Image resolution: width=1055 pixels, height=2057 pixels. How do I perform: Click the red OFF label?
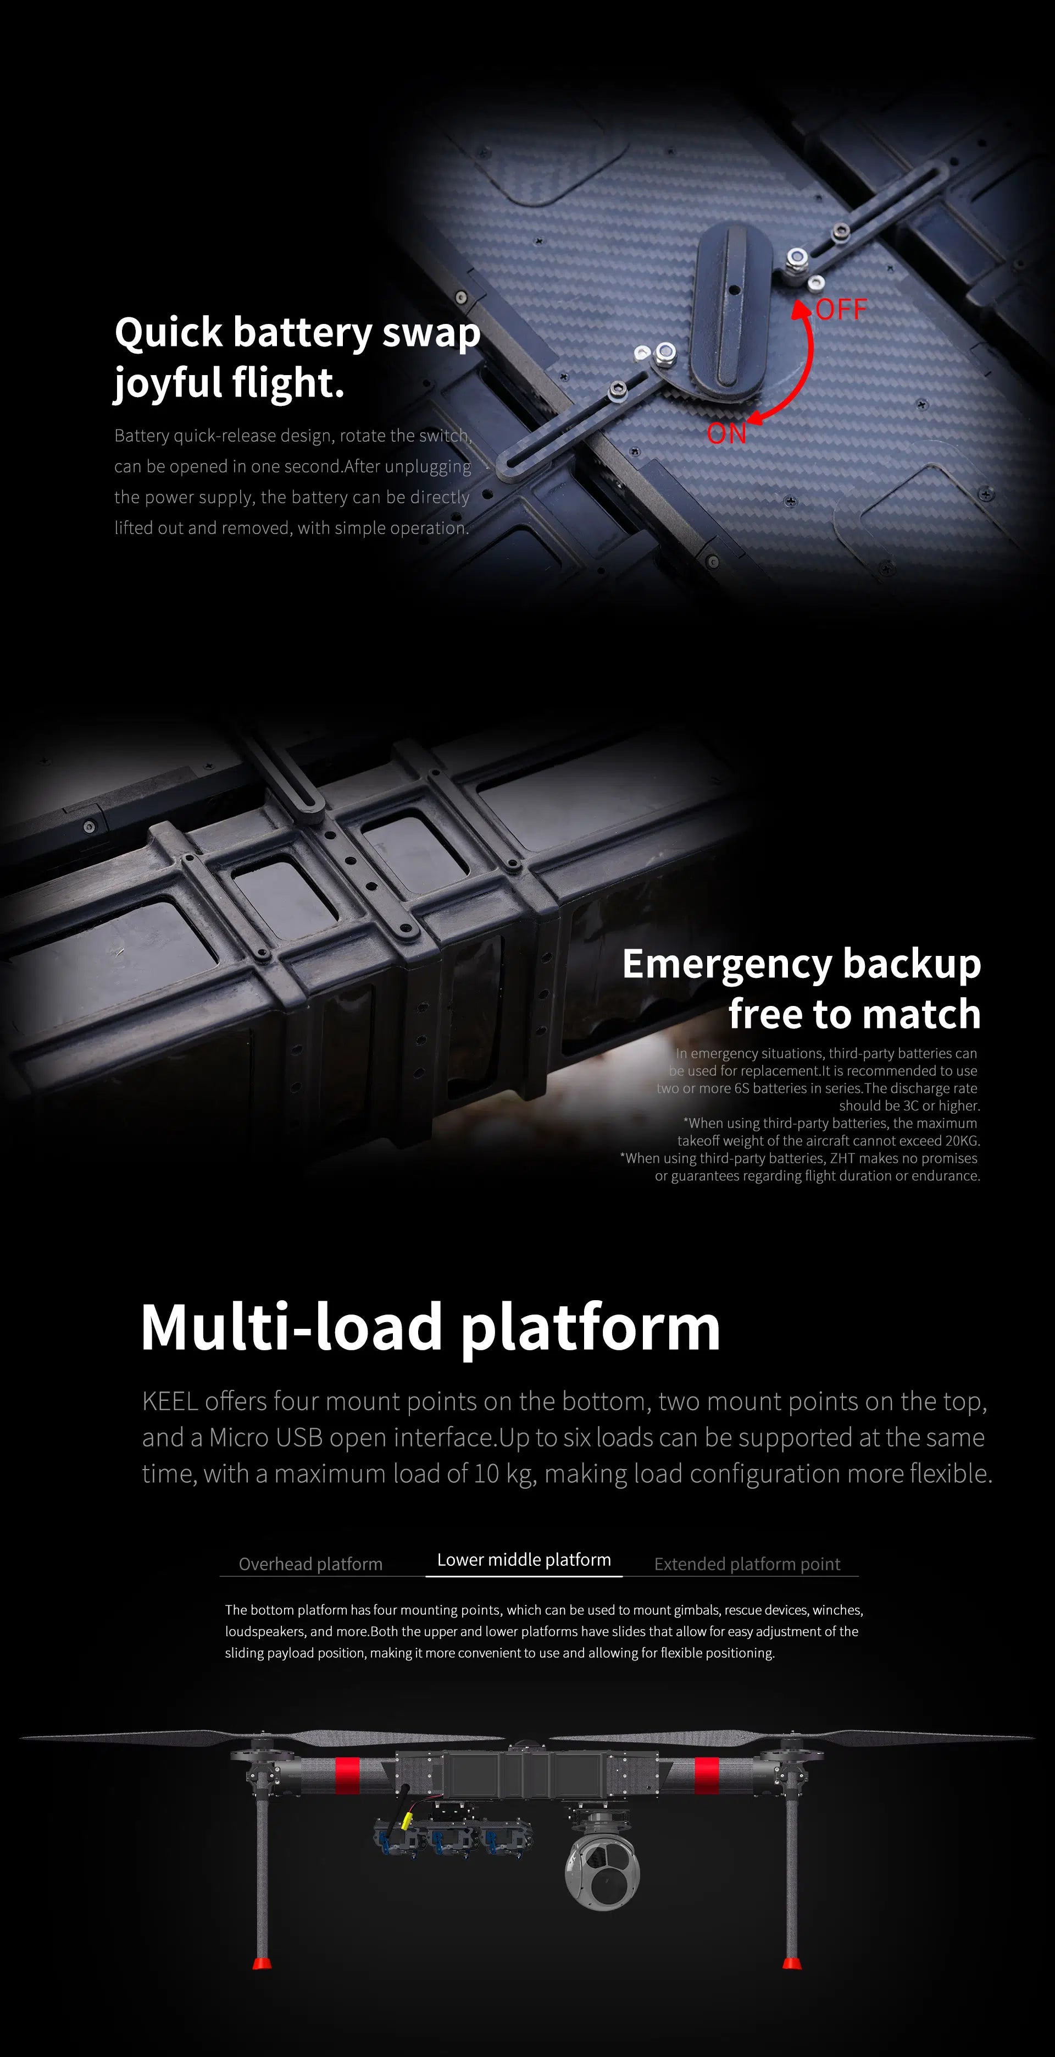tap(841, 310)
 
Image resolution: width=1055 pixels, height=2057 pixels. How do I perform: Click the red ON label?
tap(726, 433)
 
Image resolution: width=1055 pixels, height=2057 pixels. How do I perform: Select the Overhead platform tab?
tap(310, 1564)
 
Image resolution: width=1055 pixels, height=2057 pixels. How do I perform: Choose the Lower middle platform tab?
tap(524, 1559)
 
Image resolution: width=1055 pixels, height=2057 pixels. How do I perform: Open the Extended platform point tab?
tap(747, 1564)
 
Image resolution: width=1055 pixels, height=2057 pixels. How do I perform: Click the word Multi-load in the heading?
tap(291, 1327)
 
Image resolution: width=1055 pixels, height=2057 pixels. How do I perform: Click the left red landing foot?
tap(261, 1963)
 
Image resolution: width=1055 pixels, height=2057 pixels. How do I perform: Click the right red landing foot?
tap(792, 1963)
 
